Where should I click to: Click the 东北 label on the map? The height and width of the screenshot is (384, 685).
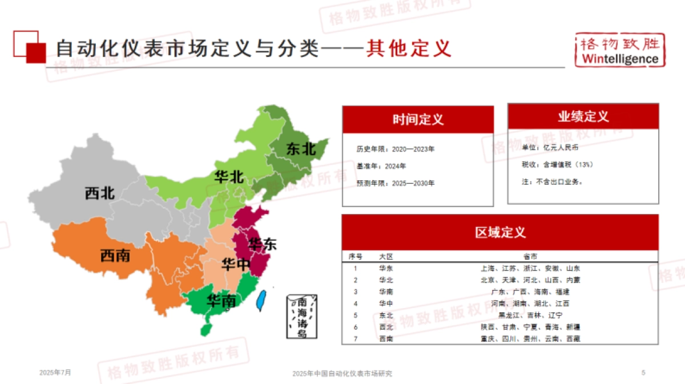coord(301,149)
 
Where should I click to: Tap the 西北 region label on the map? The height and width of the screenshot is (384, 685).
coord(100,194)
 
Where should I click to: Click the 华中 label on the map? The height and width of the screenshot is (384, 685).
coord(236,265)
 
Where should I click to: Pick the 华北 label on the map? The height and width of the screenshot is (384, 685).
coord(229,177)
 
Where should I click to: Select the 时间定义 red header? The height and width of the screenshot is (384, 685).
coord(418,119)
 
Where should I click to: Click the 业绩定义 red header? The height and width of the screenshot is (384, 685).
coord(583,116)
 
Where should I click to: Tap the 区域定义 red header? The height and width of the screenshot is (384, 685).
coord(499,232)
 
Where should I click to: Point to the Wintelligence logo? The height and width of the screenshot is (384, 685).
coord(619,51)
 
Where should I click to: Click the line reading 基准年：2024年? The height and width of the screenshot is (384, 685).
coord(381,166)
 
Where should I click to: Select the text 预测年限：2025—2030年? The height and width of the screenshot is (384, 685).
coord(396,184)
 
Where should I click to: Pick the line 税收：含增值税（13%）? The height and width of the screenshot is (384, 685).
coord(557,165)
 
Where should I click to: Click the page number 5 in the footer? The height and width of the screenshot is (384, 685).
coord(643,373)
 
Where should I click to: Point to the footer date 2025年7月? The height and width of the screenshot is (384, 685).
coord(55,373)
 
